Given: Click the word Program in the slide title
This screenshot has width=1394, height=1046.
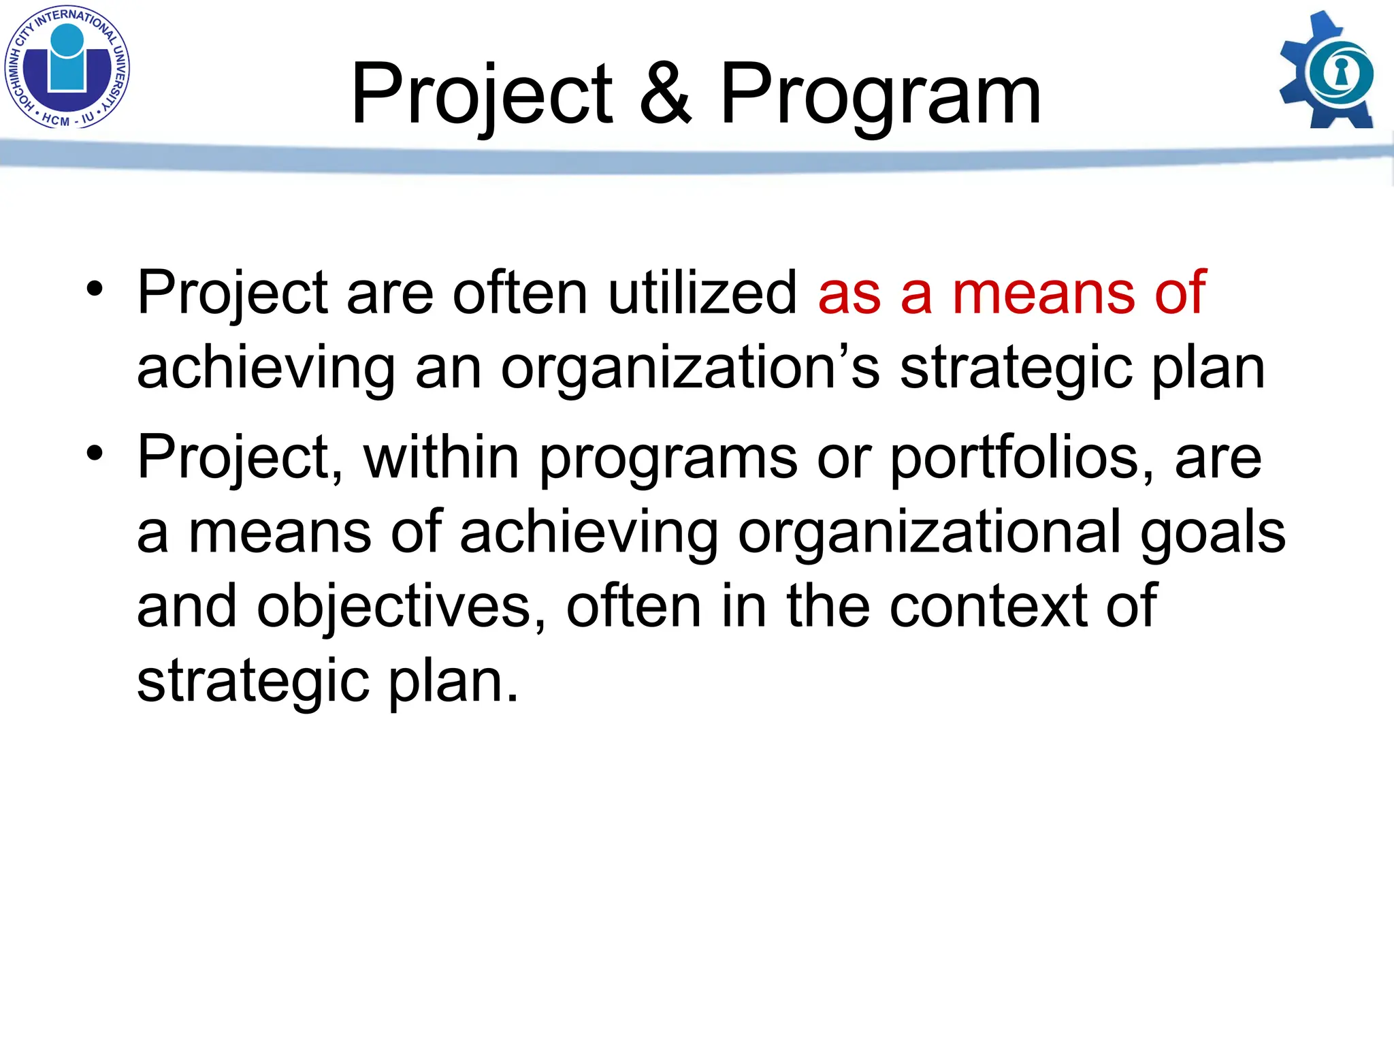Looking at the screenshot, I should click(880, 95).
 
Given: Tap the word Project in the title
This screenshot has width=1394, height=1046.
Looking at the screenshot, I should click(482, 95).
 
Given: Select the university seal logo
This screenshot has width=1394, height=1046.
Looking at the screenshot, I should click(67, 67).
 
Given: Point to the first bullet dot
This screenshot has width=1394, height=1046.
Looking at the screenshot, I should click(95, 289).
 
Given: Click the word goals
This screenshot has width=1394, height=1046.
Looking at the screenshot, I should click(1213, 534).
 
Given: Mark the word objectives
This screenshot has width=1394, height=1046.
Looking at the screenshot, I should click(402, 607).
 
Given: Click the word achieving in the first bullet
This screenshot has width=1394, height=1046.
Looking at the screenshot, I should click(266, 368).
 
